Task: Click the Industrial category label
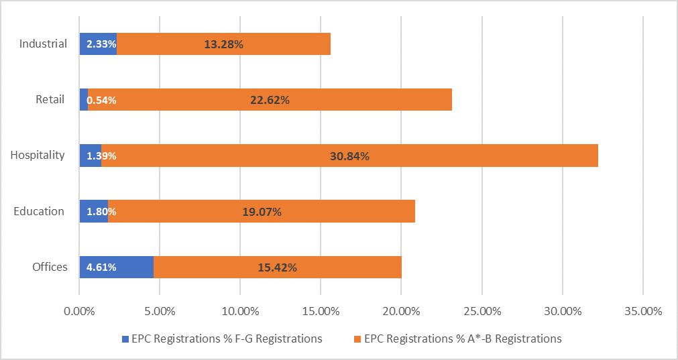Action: pyautogui.click(x=43, y=44)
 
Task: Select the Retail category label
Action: pyautogui.click(x=50, y=100)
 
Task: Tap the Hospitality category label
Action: pyautogui.click(x=38, y=156)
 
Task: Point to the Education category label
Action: pyautogui.click(x=39, y=211)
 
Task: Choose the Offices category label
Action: pyautogui.click(x=50, y=267)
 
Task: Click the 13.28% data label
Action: pyautogui.click(x=223, y=44)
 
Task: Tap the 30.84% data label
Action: pyautogui.click(x=349, y=156)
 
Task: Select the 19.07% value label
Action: pyautogui.click(x=262, y=212)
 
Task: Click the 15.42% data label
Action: pyautogui.click(x=277, y=267)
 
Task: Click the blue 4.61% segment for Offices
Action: pyautogui.click(x=117, y=267)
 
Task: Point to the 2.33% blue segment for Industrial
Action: pyautogui.click(x=98, y=44)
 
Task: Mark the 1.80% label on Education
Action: pyautogui.click(x=101, y=212)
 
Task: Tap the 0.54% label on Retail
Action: pyautogui.click(x=101, y=101)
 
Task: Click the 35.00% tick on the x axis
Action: pyautogui.click(x=642, y=312)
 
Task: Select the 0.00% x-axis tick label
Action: pyautogui.click(x=79, y=312)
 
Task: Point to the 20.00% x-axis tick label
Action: pyautogui.click(x=401, y=312)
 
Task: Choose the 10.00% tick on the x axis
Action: pyautogui.click(x=240, y=312)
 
